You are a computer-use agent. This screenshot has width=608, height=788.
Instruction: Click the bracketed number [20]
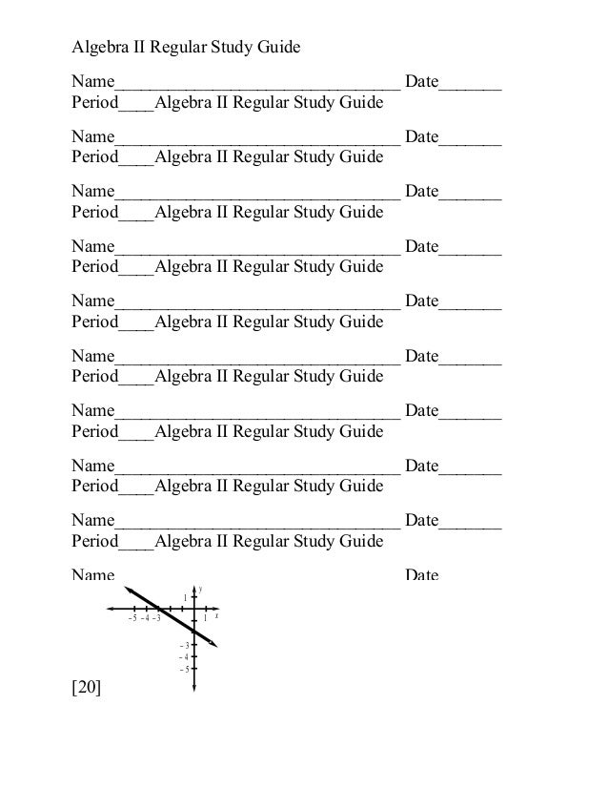tap(87, 709)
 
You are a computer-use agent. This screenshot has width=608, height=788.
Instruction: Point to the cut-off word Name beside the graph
tap(93, 576)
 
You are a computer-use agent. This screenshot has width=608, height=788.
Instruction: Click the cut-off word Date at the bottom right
tap(421, 576)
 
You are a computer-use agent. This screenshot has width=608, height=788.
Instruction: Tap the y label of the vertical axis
tap(200, 589)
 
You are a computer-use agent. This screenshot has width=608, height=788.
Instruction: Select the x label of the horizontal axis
tap(217, 616)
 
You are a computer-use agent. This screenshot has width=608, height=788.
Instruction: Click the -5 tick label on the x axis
tap(132, 618)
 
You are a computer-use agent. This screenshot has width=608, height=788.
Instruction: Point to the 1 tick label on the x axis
tap(205, 618)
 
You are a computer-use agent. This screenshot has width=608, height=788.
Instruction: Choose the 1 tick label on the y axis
tap(186, 598)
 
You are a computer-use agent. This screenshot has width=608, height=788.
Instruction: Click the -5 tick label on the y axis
tap(185, 669)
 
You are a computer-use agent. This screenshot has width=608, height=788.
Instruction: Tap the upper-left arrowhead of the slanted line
tap(127, 588)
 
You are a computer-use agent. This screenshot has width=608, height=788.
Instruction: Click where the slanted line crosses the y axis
tap(194, 632)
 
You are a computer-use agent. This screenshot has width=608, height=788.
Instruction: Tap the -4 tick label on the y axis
tap(185, 656)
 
